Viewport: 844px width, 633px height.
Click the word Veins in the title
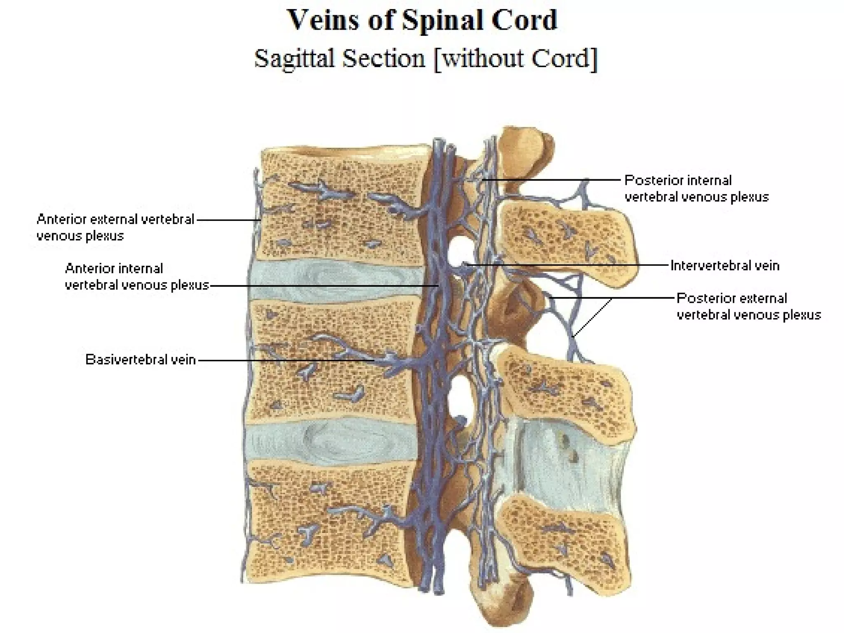(x=323, y=20)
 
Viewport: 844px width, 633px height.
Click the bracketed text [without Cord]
(x=515, y=58)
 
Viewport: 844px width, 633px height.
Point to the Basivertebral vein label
(x=140, y=360)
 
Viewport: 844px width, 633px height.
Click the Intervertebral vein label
(x=725, y=265)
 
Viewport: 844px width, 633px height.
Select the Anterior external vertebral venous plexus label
(x=115, y=227)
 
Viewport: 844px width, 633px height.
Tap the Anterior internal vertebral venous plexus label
(x=137, y=277)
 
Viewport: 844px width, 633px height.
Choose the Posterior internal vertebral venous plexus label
(x=696, y=188)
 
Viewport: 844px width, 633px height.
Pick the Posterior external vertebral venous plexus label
(x=748, y=306)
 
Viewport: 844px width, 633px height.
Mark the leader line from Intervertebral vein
(x=569, y=265)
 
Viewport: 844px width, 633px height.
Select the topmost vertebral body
(x=342, y=206)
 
